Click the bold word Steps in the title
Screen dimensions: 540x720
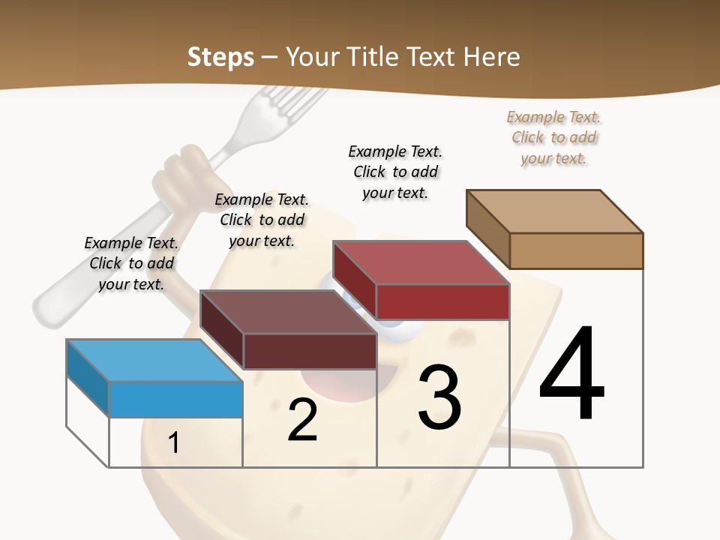pos(220,57)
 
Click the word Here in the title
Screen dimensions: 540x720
pos(492,57)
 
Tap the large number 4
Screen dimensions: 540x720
pos(571,375)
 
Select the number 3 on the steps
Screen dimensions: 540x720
pos(439,397)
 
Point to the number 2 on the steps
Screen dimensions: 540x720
pos(302,420)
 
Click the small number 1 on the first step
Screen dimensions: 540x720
pos(173,443)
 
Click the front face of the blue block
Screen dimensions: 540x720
pos(175,398)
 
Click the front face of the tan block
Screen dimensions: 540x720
pos(576,250)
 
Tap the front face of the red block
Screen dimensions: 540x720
pos(442,301)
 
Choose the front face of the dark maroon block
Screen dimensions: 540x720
pos(310,351)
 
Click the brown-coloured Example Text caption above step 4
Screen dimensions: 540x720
pos(553,138)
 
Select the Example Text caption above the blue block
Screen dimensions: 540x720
pos(131,263)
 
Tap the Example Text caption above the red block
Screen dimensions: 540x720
pos(395,172)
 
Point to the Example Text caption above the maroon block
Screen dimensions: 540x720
pos(262,220)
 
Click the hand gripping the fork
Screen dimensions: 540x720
pos(180,176)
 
